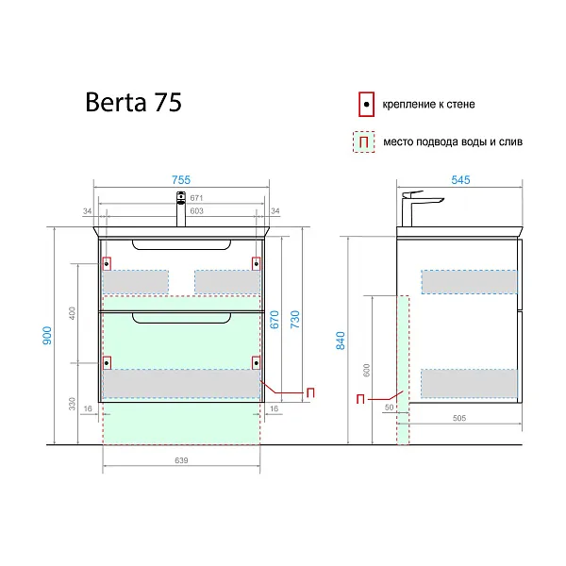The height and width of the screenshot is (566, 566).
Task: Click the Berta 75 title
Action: [133, 102]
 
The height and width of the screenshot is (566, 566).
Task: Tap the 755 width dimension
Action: [181, 180]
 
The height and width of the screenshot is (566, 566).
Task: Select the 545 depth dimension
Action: [460, 180]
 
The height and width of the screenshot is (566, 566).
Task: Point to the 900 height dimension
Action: [47, 335]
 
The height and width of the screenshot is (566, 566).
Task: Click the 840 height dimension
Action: [341, 341]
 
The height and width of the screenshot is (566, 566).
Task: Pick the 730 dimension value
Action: [295, 320]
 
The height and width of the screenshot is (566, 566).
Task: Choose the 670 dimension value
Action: [275, 320]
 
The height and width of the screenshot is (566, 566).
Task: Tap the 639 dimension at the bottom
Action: [181, 460]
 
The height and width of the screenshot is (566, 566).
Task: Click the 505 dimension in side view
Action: [459, 418]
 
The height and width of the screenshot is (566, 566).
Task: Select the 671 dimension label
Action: [196, 198]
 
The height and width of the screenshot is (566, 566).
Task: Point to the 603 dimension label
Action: [196, 210]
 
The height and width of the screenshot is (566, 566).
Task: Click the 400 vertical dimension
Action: [73, 313]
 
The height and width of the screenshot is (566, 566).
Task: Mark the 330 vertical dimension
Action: [73, 404]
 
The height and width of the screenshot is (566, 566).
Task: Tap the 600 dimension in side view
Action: [366, 371]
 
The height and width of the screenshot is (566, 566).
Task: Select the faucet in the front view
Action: [181, 209]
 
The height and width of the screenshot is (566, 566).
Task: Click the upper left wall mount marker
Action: [107, 264]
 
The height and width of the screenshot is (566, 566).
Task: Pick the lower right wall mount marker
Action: [256, 363]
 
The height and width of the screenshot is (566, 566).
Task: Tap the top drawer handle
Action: [181, 244]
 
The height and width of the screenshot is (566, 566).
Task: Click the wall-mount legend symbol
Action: [366, 105]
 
